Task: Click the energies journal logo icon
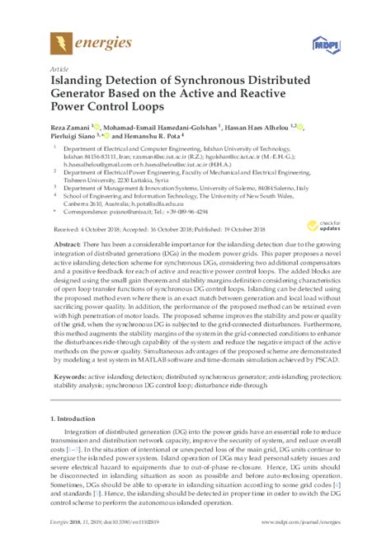[59, 39]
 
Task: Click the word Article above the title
[59, 68]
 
